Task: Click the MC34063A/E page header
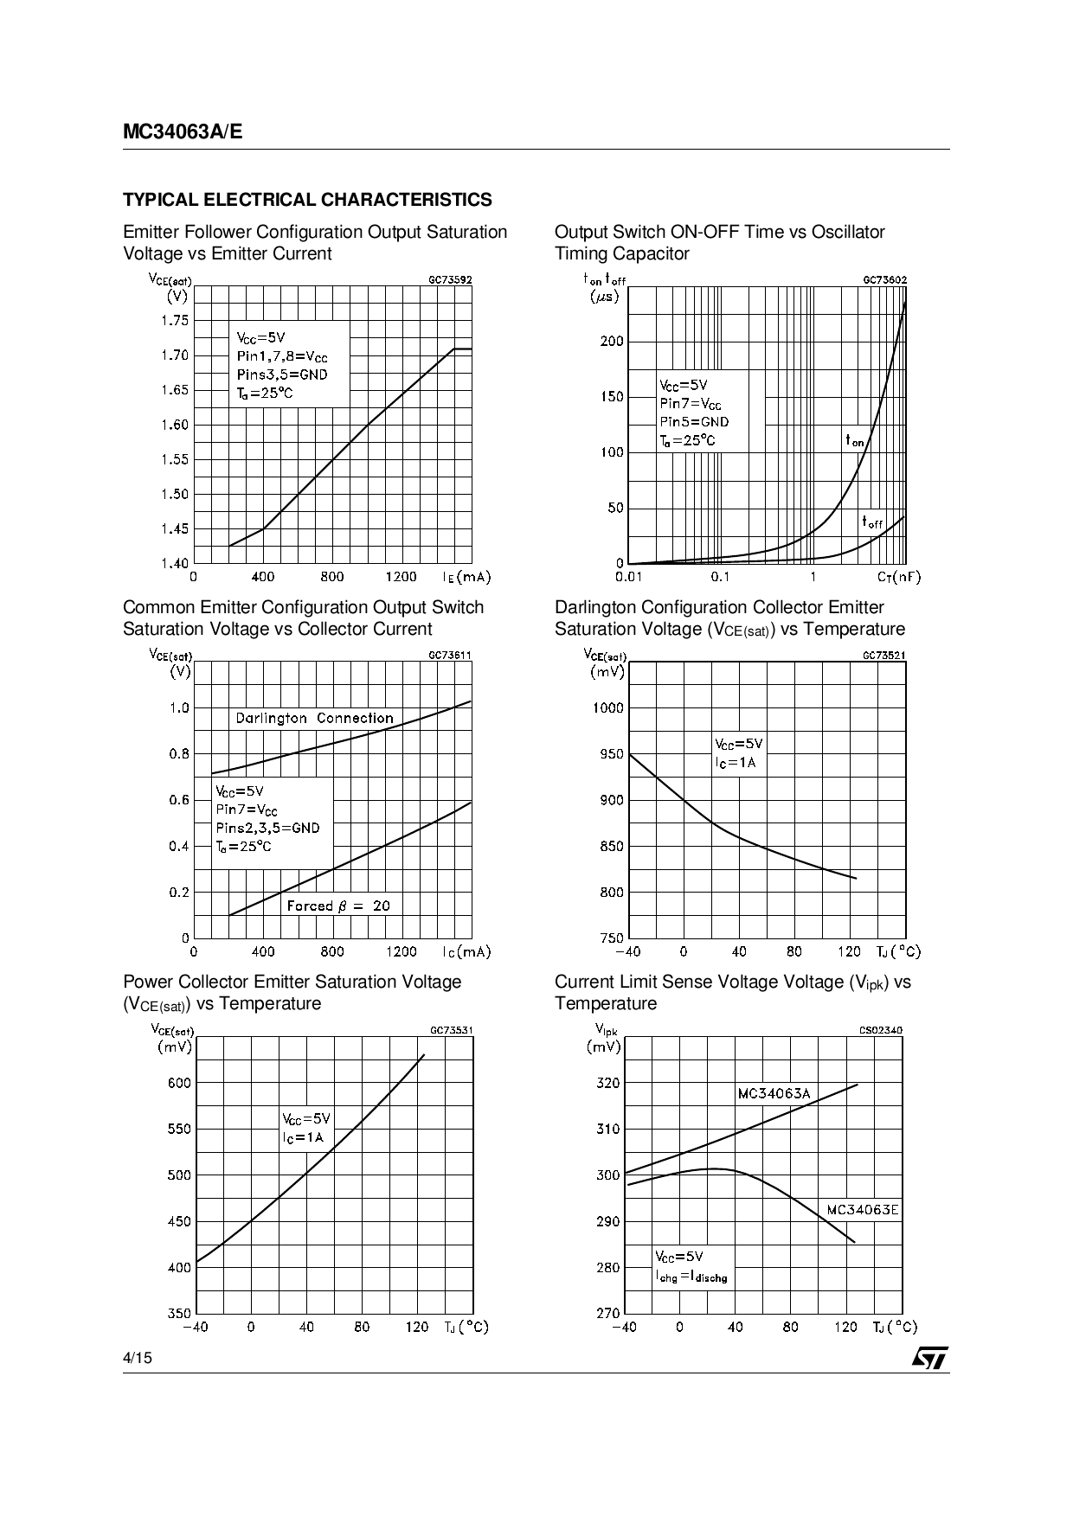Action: tap(183, 132)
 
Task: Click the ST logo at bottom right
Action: tap(929, 1358)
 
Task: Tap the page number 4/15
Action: tap(138, 1358)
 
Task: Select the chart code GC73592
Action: tap(450, 280)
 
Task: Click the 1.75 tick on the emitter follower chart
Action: tap(174, 321)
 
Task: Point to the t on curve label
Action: tap(854, 441)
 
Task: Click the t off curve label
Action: tap(871, 522)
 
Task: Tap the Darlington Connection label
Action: tap(314, 718)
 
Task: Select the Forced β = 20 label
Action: tap(338, 906)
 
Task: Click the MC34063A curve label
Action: tap(774, 1093)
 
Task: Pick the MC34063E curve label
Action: tap(862, 1209)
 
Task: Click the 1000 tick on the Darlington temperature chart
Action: tap(607, 708)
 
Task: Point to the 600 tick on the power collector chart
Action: tap(178, 1083)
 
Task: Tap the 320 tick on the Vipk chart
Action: tap(607, 1083)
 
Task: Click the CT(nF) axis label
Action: tap(898, 577)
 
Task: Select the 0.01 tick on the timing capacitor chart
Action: tap(628, 577)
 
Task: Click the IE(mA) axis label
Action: tap(466, 577)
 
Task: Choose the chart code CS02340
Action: tap(880, 1030)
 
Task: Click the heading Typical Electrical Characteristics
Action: tap(307, 200)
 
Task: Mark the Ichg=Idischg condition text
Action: tap(691, 1277)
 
